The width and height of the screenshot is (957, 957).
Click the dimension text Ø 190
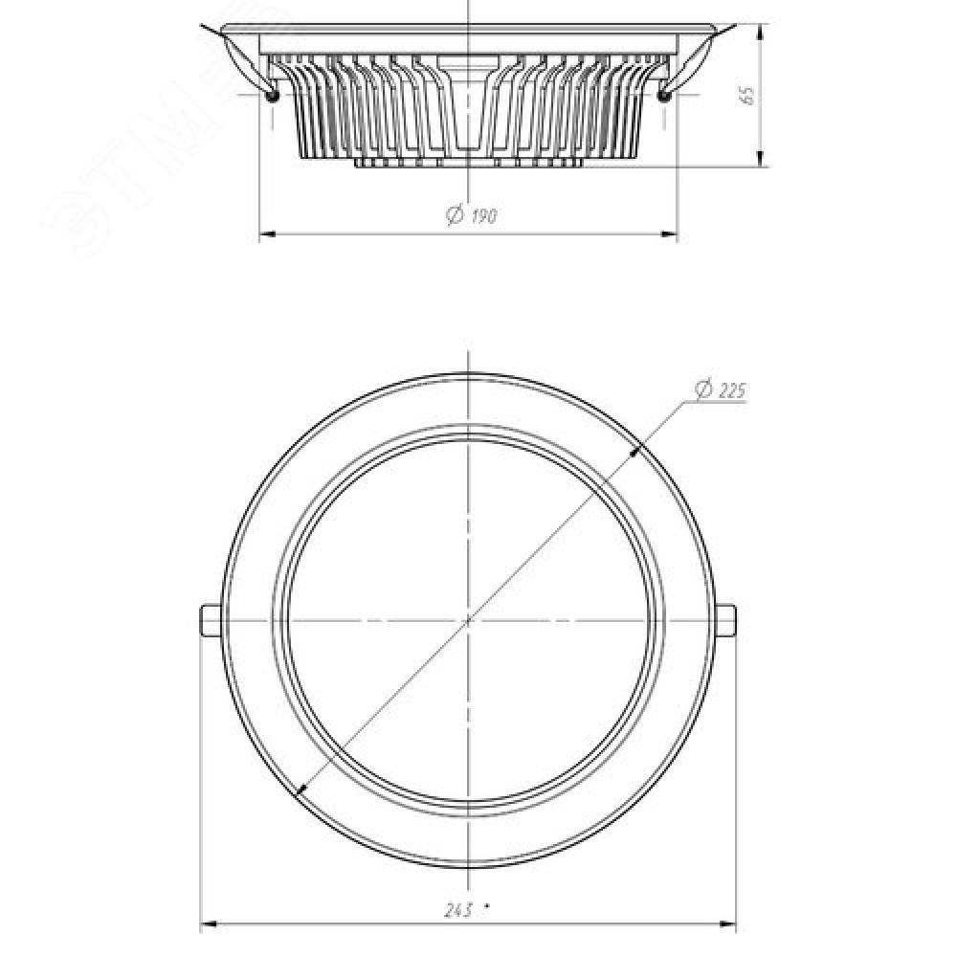pos(472,214)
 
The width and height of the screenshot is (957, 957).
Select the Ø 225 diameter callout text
pos(721,390)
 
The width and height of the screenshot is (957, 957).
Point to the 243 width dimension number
pos(457,911)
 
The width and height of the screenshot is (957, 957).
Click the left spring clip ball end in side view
pos(272,95)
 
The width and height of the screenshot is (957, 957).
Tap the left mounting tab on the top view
pos(211,620)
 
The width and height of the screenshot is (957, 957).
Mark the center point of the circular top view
pos(468,621)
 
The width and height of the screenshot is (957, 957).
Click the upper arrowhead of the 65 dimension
pos(760,32)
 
